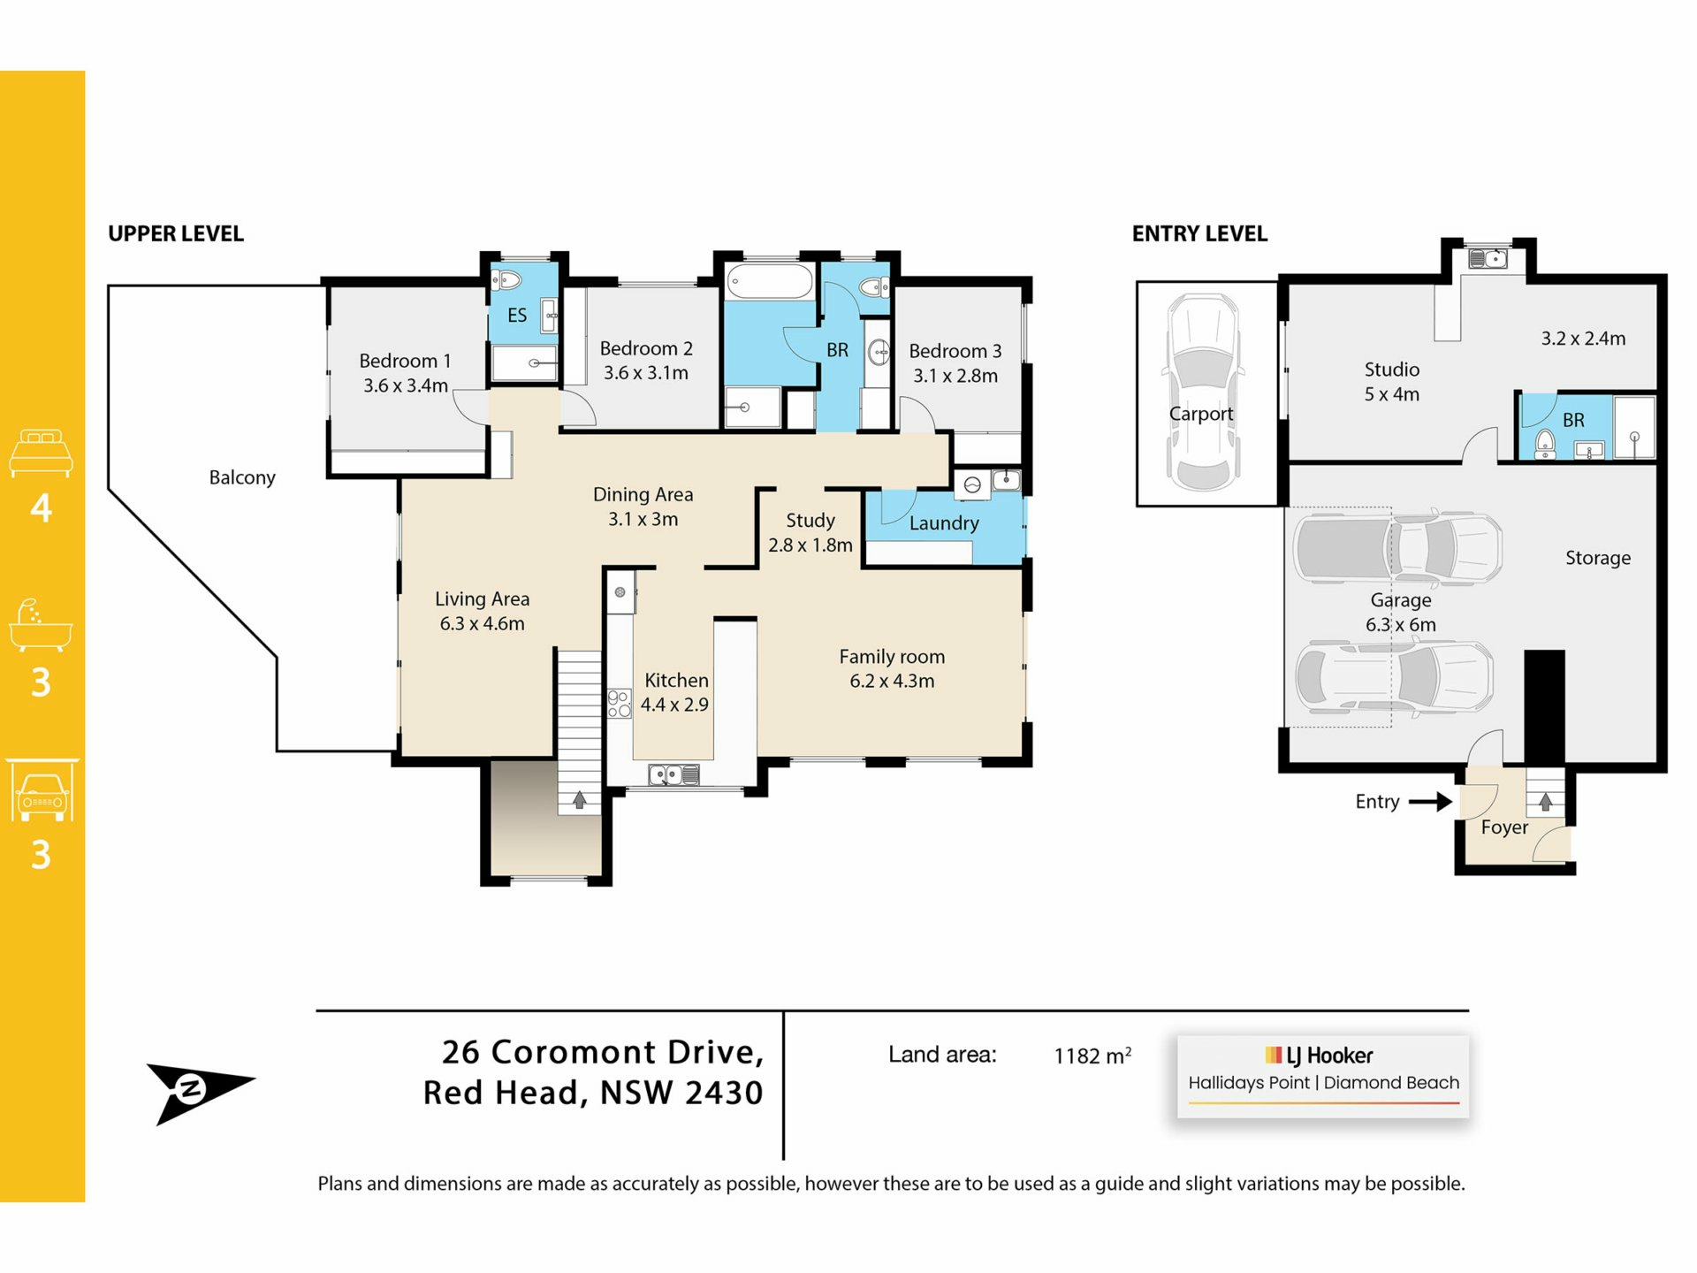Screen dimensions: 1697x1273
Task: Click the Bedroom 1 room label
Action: (405, 361)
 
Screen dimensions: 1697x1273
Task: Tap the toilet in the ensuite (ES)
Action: (506, 280)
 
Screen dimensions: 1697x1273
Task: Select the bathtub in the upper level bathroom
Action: (770, 282)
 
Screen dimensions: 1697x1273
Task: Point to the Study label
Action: (810, 520)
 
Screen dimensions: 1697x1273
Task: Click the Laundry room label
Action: (944, 522)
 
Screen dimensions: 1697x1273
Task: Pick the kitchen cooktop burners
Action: (620, 704)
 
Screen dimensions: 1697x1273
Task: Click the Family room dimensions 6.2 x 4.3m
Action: (892, 681)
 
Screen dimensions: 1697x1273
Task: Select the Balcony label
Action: (242, 477)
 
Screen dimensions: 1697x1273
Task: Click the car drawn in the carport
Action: (1203, 393)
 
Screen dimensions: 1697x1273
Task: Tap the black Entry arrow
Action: (1430, 802)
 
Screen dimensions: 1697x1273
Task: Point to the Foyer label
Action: (1504, 827)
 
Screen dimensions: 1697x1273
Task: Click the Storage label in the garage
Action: (1598, 558)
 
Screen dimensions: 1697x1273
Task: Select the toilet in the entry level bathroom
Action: (1545, 442)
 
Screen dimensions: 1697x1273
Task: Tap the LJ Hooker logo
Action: (1319, 1056)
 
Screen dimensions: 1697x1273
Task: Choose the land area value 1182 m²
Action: (1092, 1056)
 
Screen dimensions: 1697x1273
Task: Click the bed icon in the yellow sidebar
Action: (41, 453)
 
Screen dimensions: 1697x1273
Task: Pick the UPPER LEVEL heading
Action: (176, 233)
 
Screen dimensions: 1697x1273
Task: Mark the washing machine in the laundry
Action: (972, 484)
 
